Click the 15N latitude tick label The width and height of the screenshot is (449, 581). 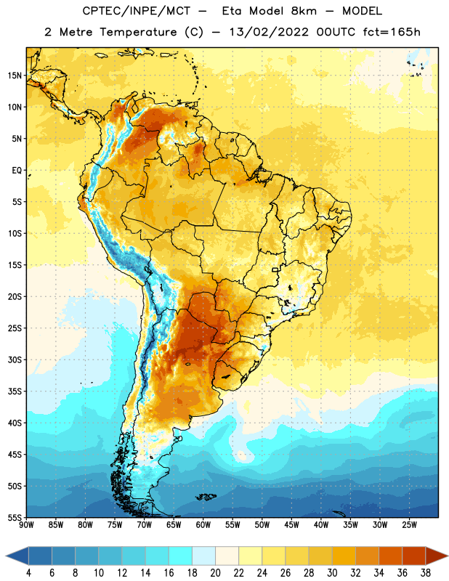pos(15,76)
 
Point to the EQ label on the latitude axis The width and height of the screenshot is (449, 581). pos(17,171)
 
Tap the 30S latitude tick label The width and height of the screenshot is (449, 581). pos(15,359)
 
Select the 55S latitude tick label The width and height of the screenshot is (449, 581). pos(15,517)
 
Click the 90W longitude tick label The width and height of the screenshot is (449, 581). pos(26,525)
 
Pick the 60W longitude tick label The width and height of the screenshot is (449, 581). pos(203,525)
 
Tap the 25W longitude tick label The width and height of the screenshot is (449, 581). pos(409,525)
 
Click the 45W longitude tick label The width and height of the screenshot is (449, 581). pos(291,525)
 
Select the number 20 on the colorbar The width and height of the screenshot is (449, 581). pos(215,573)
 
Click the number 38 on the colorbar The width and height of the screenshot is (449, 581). pos(426,573)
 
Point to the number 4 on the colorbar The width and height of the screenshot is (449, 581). pos(28,573)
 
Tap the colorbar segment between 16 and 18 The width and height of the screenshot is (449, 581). pos(181,556)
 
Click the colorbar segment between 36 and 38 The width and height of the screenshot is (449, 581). pos(414,556)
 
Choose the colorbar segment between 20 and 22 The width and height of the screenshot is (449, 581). pos(227,556)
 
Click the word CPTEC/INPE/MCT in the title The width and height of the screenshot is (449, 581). pos(137,11)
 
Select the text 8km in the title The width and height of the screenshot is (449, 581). pos(304,11)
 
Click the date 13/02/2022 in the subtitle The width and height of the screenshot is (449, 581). pos(269,32)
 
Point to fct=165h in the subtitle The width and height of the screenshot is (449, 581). pos(392,32)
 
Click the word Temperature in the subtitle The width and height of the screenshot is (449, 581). pos(138,32)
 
